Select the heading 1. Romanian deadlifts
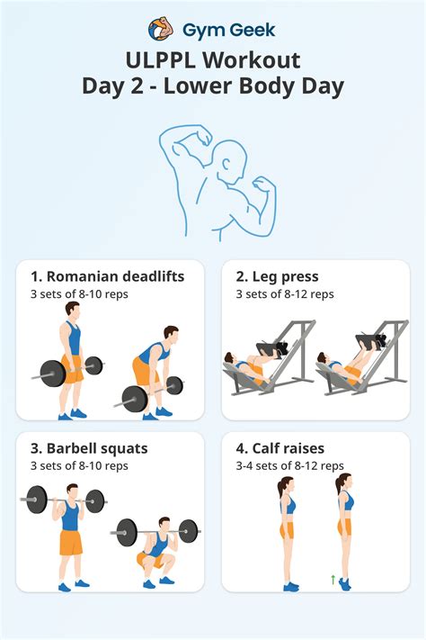coord(107,276)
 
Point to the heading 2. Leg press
coord(277,276)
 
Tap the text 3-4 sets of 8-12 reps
coord(288,465)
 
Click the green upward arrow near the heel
coord(333,580)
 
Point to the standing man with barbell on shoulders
coord(67,536)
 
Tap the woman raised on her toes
coord(344,531)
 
